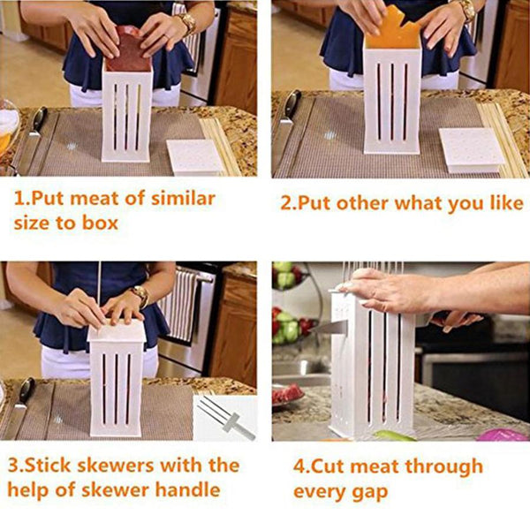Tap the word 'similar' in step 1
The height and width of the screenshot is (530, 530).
(x=183, y=198)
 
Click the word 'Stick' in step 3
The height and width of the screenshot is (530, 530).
(x=49, y=466)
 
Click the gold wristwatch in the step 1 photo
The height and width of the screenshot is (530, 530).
(x=187, y=22)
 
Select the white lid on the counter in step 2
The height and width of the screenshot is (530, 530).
(x=471, y=148)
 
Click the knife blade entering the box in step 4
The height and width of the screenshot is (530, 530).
(x=329, y=329)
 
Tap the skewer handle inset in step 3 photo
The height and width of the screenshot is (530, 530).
(x=225, y=418)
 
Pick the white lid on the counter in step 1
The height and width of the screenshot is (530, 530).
(x=194, y=157)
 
